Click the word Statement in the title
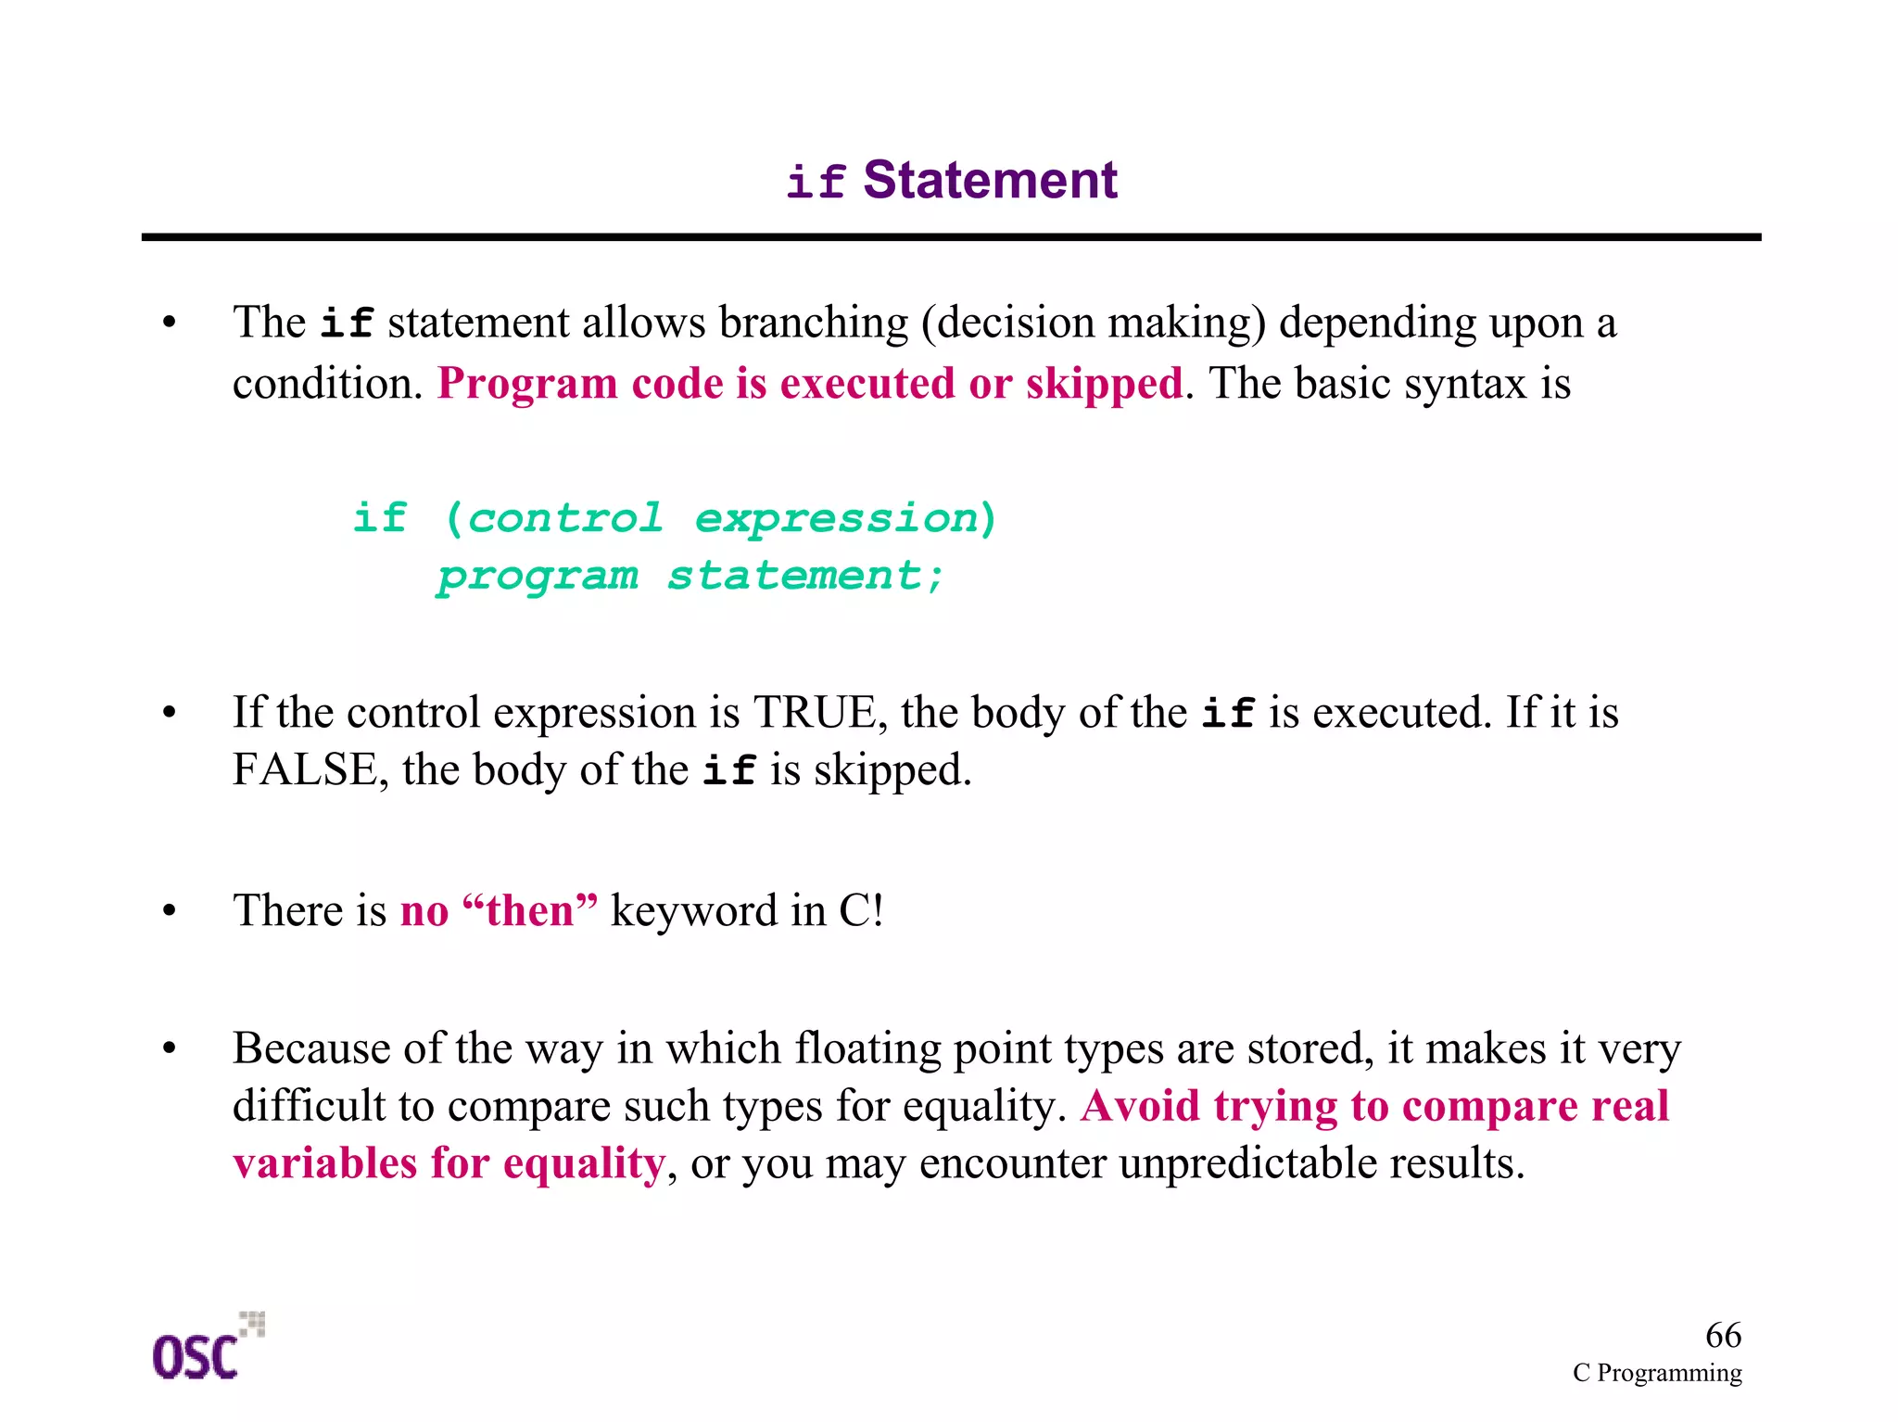point(990,180)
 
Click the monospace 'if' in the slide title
point(816,182)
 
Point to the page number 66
point(1723,1335)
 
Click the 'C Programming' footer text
point(1656,1373)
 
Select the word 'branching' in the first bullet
point(813,324)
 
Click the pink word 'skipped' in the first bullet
point(1104,384)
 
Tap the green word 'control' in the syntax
point(565,518)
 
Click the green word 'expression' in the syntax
point(837,519)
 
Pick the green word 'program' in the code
point(538,577)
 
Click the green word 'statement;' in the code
point(805,576)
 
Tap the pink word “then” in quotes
point(529,910)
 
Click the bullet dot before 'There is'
point(169,911)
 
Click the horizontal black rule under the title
point(951,237)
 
